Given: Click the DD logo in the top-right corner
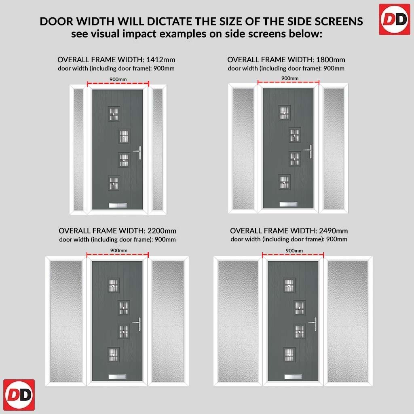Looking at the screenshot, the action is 395,19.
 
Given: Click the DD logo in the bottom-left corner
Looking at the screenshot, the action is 19,395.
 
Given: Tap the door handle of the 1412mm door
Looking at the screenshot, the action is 138,152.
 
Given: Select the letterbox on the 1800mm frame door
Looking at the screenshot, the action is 288,204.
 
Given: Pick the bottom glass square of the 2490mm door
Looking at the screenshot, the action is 289,354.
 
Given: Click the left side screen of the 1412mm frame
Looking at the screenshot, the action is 78,150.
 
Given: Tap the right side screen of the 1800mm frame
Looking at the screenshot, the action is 334,149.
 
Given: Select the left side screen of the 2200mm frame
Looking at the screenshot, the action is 66,321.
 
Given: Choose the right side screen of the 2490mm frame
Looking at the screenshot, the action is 347,321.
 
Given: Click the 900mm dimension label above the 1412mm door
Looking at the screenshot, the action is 118,79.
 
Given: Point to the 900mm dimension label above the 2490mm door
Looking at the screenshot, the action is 294,250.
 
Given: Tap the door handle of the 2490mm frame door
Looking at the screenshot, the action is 314,324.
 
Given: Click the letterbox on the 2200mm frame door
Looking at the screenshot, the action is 118,376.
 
